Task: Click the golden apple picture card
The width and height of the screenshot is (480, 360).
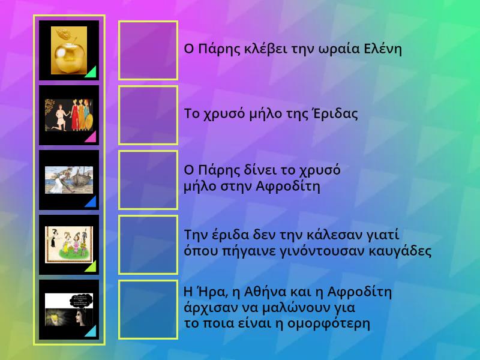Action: [68, 50]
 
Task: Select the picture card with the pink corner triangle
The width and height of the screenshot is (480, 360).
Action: [68, 115]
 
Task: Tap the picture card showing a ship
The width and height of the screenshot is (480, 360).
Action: [68, 180]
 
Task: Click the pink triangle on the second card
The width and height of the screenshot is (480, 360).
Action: [91, 137]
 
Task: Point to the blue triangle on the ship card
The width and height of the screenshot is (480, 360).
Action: [91, 202]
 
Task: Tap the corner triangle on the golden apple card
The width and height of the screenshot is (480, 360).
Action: [91, 73]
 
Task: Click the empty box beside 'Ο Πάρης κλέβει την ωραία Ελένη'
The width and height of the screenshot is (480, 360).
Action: [148, 50]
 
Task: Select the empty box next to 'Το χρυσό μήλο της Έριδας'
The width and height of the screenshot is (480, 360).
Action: [148, 115]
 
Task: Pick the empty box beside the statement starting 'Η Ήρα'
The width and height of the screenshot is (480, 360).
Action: [148, 310]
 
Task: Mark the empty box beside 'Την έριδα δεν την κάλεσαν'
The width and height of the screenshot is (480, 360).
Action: [148, 245]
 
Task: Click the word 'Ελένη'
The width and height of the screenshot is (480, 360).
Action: [383, 49]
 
